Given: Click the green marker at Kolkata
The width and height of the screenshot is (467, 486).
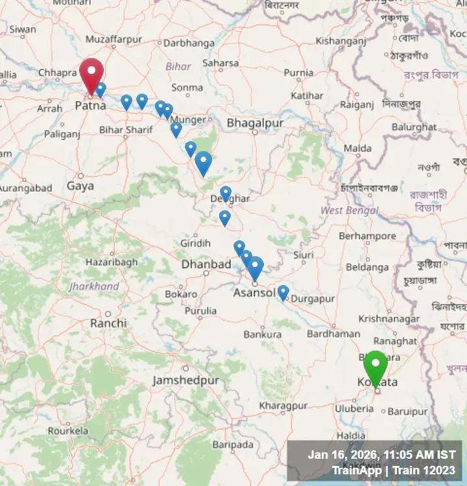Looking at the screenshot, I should coord(375,366).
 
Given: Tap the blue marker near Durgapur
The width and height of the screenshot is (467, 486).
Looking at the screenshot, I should coord(283,293).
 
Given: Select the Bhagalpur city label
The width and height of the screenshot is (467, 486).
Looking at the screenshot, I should coord(255,122).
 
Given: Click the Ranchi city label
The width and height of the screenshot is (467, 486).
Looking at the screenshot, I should coord(108,323).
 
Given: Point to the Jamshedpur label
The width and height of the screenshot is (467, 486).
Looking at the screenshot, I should coord(186,380).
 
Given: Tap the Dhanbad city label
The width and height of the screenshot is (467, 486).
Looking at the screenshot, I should coord(206,264).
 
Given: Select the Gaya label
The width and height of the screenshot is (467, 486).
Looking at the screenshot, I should coord(80,186).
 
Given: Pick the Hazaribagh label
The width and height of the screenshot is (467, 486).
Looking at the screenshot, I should coord(112,262).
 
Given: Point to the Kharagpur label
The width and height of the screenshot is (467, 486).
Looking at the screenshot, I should coord(283,405).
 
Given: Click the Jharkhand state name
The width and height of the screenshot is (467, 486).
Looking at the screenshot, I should coord(94,286).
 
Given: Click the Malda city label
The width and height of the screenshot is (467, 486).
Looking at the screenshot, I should coord(357,148).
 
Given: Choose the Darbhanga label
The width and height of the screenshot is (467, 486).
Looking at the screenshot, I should coord(189,43).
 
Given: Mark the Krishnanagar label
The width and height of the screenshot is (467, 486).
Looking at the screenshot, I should coord(388,319).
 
